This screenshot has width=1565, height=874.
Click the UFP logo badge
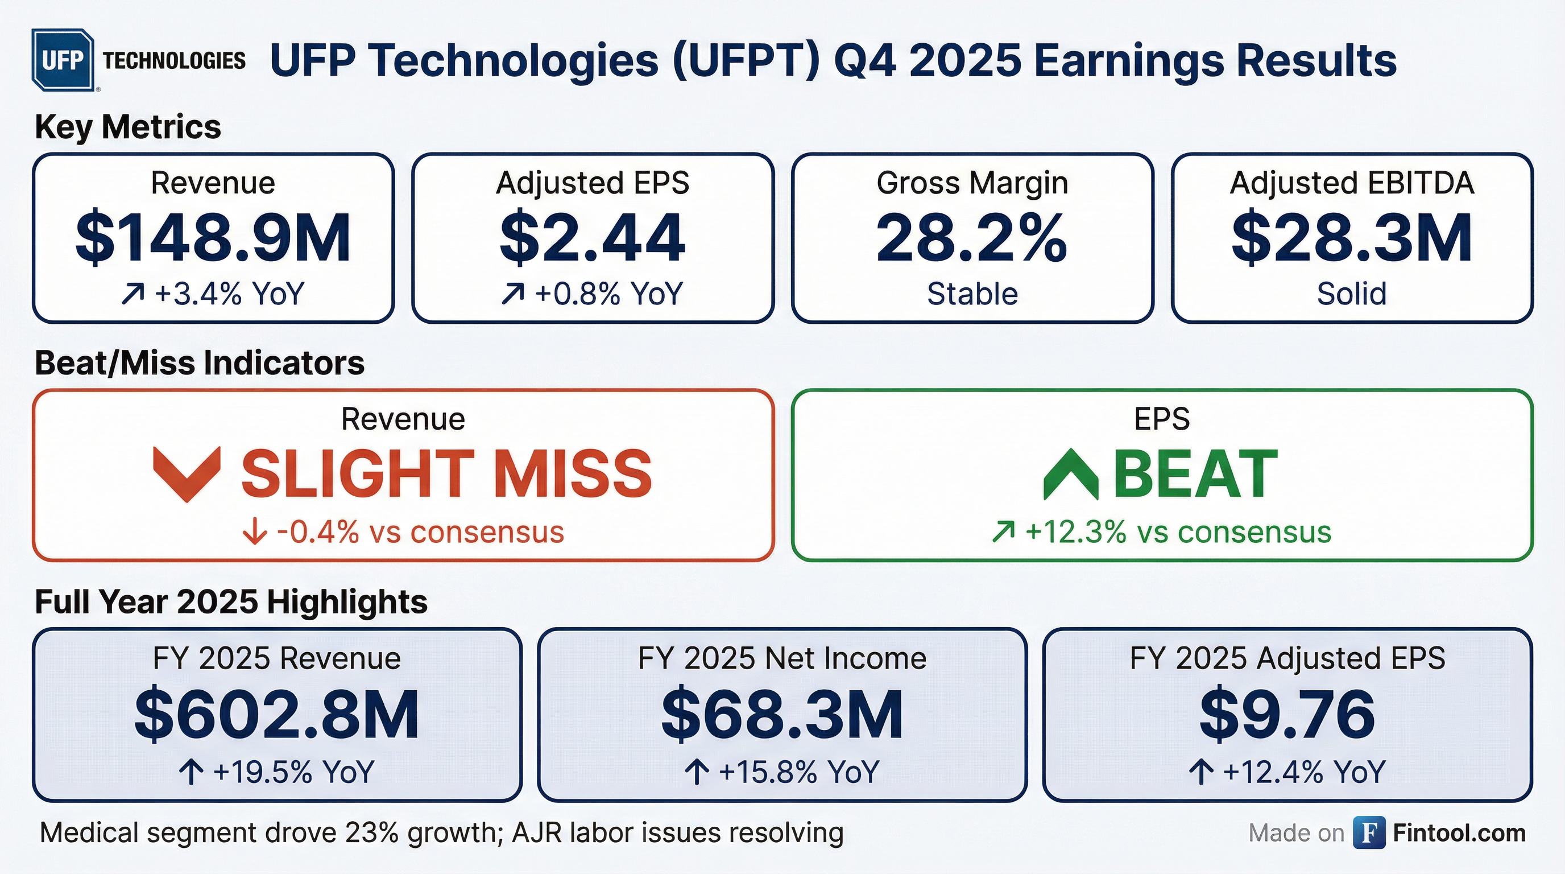coord(63,60)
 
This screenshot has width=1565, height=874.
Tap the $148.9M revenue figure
coord(213,238)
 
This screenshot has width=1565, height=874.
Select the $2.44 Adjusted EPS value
coord(593,238)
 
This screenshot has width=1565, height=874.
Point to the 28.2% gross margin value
coord(971,238)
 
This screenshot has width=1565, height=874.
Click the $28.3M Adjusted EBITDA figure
coord(1352,238)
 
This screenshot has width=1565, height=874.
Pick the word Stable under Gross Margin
coord(972,294)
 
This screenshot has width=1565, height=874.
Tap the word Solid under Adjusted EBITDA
coord(1352,294)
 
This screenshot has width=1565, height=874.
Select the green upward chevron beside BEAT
coord(1070,475)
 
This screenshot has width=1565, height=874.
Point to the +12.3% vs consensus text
coord(1178,532)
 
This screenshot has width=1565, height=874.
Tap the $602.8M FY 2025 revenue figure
coord(276,715)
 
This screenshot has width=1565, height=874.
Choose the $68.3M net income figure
coord(782,715)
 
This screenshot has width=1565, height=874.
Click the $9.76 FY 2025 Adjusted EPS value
coord(1287,715)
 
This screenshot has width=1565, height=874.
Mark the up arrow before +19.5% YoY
coord(192,773)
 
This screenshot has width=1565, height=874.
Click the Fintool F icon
coord(1369,832)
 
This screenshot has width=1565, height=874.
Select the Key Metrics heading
coord(128,127)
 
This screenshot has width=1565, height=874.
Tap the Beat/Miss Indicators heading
coord(200,363)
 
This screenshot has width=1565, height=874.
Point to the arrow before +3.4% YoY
coord(133,294)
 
